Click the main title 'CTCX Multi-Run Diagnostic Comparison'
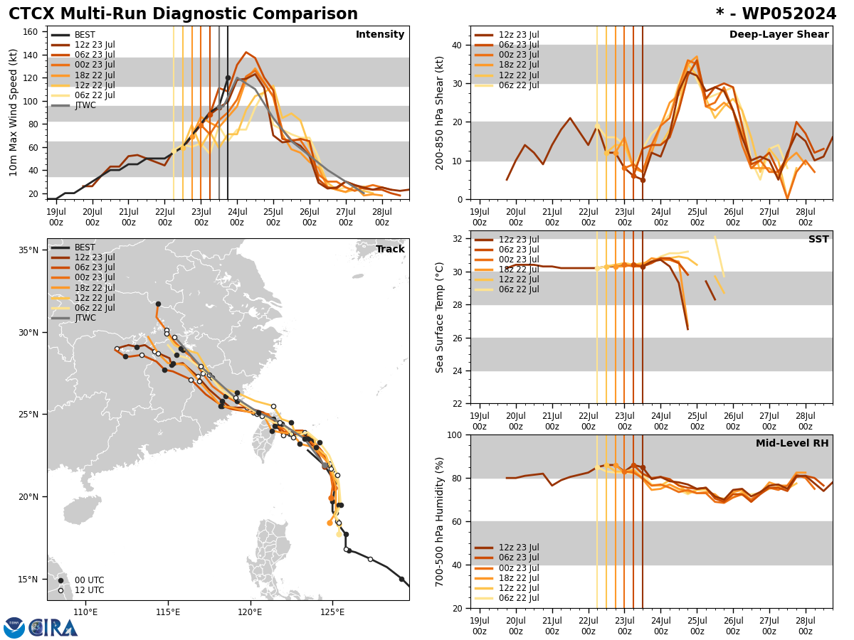[x=183, y=14]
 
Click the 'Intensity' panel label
[x=380, y=35]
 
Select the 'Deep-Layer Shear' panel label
[x=779, y=35]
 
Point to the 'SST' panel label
[x=818, y=240]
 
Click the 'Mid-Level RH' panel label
[x=792, y=444]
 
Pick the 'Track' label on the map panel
[x=390, y=250]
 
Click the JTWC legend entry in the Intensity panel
[x=85, y=105]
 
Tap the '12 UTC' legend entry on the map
[x=89, y=590]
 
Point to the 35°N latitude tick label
[x=28, y=250]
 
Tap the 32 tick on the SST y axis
[x=458, y=239]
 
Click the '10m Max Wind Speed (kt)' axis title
[x=13, y=112]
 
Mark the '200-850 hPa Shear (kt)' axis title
[x=440, y=112]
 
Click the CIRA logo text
[x=53, y=627]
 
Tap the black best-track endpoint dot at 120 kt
[x=228, y=78]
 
